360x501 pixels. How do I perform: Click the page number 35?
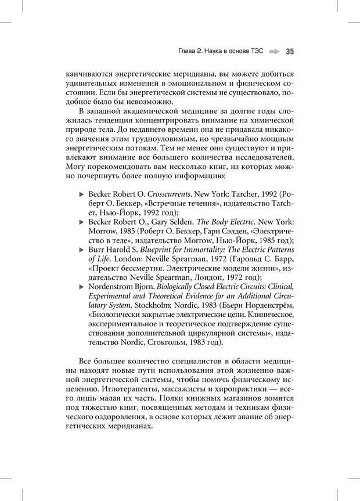pos(290,51)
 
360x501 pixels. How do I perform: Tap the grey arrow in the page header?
pos(275,51)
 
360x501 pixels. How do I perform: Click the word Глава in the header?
pos(189,51)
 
